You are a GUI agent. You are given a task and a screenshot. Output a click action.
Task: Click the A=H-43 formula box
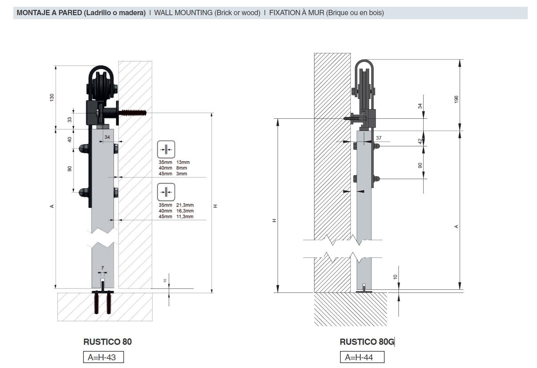point(103,357)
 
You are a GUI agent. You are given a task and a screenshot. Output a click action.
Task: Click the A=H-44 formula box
point(362,357)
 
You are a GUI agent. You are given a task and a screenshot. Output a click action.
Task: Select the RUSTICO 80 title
point(107,342)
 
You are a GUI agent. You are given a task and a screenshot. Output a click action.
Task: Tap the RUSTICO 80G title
point(367,342)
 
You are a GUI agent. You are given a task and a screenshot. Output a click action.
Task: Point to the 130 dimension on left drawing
point(52,97)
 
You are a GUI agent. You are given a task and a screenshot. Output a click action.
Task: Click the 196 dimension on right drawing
point(456,99)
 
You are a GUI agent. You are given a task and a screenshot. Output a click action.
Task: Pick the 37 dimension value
point(378,138)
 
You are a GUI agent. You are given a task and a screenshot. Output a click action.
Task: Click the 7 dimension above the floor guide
point(102,268)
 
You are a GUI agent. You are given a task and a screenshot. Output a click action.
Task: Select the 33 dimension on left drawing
point(70,119)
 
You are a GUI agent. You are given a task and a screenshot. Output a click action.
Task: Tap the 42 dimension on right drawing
point(420,141)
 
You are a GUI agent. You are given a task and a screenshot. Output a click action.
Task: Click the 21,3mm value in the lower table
point(185,205)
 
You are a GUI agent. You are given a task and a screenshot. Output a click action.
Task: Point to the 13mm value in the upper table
point(183,162)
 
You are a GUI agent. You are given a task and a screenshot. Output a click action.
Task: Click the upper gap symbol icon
point(166,149)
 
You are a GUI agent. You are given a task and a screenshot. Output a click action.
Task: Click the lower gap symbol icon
point(166,192)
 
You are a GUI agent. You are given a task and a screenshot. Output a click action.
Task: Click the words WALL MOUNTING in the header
point(183,13)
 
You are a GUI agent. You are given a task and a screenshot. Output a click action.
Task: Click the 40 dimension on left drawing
point(70,139)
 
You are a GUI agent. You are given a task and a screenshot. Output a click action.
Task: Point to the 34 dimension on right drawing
point(420,106)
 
